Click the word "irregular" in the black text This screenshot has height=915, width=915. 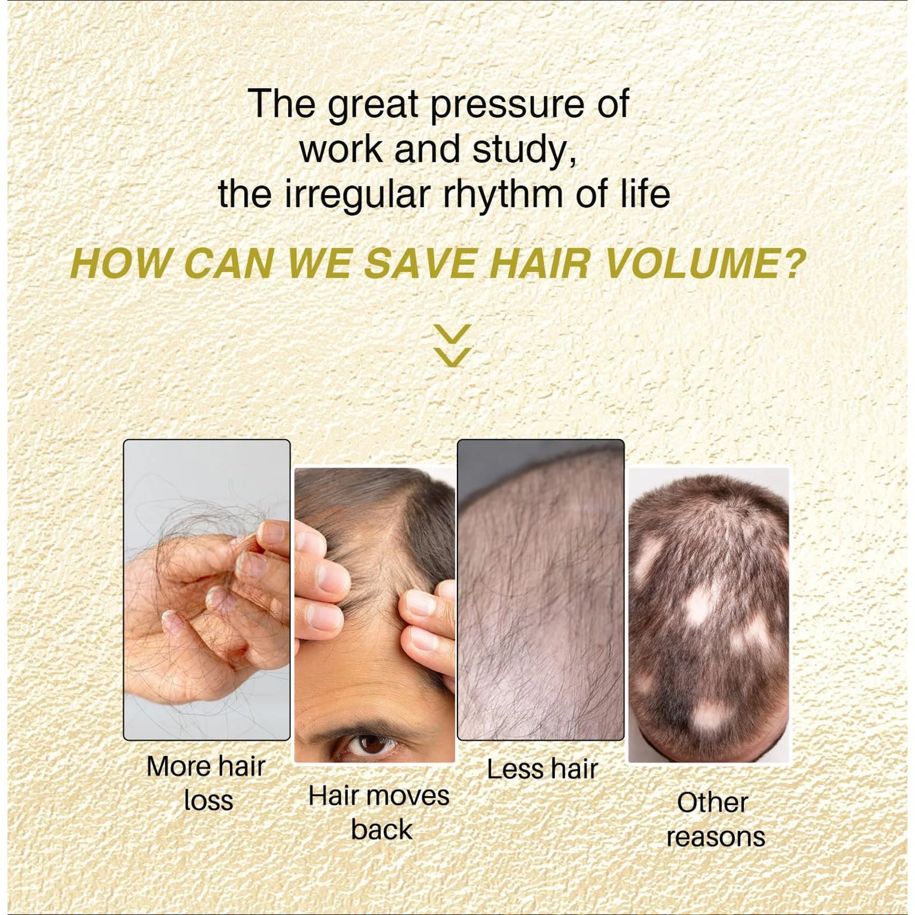coord(357,194)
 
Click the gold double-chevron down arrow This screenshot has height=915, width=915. coord(452,345)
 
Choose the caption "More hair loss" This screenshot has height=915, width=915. coord(206,783)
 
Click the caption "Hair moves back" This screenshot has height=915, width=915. coord(379,813)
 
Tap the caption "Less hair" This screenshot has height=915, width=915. coord(542,769)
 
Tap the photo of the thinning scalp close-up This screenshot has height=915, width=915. coord(540,590)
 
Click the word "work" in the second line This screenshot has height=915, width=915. coord(342,150)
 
